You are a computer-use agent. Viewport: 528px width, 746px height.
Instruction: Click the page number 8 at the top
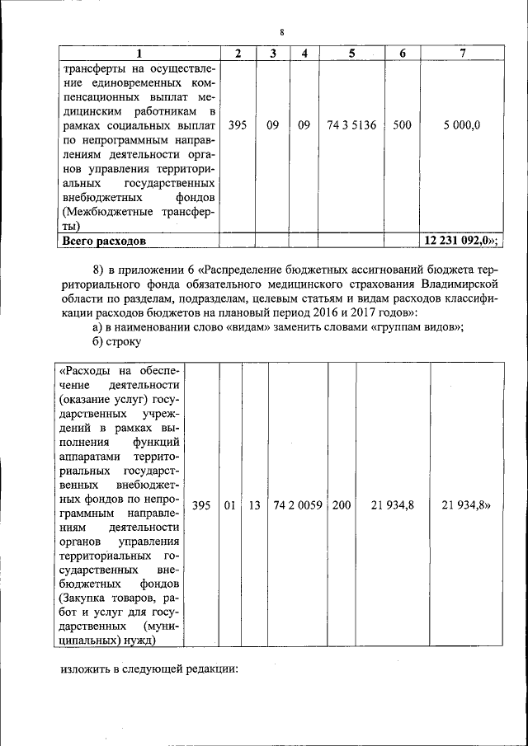281,32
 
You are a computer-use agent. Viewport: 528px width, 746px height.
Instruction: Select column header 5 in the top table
351,54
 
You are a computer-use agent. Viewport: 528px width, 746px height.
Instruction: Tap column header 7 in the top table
462,54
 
